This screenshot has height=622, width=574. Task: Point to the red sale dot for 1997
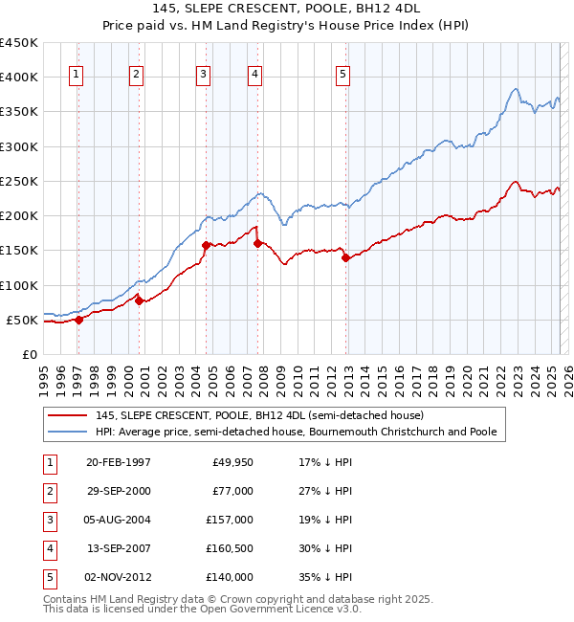pos(79,321)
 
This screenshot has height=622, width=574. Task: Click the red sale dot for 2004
pos(206,246)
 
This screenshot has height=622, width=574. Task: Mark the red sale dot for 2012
pos(345,257)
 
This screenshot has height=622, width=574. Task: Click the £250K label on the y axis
pos(19,181)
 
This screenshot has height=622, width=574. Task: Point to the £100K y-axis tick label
pos(19,285)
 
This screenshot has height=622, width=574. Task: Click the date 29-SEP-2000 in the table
pos(118,491)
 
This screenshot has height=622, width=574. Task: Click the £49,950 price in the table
pos(232,462)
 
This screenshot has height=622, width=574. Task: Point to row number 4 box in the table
pos(48,548)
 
